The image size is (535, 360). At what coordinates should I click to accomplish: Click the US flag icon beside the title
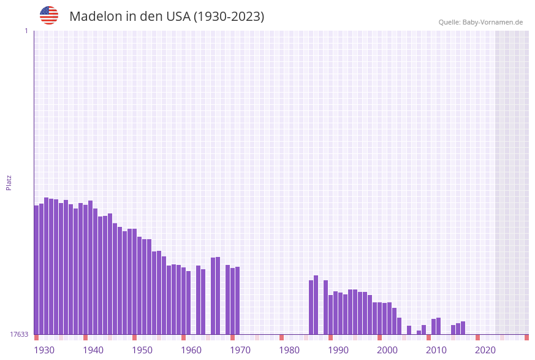pyautogui.click(x=49, y=15)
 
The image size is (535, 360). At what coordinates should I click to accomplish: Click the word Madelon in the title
pyautogui.click(x=96, y=17)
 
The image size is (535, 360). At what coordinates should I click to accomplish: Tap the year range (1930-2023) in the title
pyautogui.click(x=229, y=17)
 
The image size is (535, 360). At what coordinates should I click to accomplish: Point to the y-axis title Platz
pyautogui.click(x=9, y=182)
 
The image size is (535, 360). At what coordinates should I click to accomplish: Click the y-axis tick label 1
pyautogui.click(x=26, y=31)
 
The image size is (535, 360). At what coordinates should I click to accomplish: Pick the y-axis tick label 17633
pyautogui.click(x=19, y=334)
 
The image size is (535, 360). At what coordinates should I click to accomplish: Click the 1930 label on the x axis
pyautogui.click(x=44, y=350)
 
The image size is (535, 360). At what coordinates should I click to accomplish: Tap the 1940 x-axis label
pyautogui.click(x=93, y=350)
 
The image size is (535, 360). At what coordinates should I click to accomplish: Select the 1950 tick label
pyautogui.click(x=142, y=350)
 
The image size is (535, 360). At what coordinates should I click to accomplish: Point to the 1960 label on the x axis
pyautogui.click(x=191, y=350)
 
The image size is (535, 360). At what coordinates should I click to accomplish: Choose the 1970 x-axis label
pyautogui.click(x=240, y=350)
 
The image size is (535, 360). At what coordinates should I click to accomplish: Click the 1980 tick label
pyautogui.click(x=289, y=350)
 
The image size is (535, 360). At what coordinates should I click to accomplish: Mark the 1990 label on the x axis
pyautogui.click(x=338, y=350)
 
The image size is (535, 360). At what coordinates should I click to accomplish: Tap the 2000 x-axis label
pyautogui.click(x=387, y=350)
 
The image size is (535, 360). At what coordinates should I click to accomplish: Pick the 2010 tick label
pyautogui.click(x=436, y=350)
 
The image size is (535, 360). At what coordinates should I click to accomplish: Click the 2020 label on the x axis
pyautogui.click(x=485, y=350)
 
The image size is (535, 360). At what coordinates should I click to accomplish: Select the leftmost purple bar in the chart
pyautogui.click(x=36, y=270)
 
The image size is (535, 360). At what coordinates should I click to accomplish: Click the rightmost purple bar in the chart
pyautogui.click(x=463, y=328)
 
